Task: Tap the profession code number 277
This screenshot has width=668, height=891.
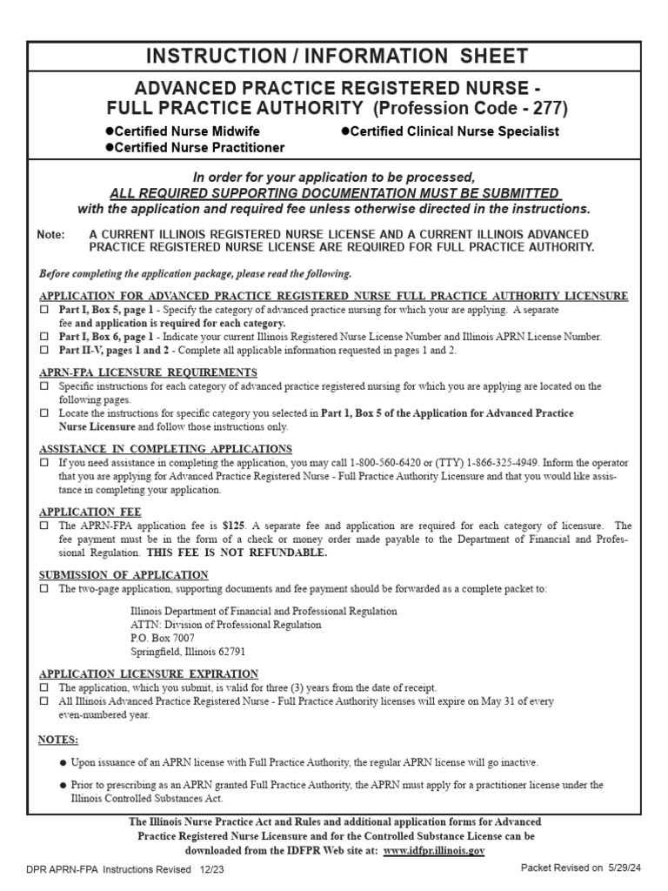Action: pyautogui.click(x=545, y=109)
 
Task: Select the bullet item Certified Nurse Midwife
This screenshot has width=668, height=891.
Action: pyautogui.click(x=182, y=131)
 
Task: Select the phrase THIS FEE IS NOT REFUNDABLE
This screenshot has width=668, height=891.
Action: pyautogui.click(x=237, y=553)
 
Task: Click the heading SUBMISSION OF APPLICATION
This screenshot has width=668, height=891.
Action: pyautogui.click(x=124, y=575)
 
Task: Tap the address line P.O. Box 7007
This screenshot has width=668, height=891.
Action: pyautogui.click(x=162, y=638)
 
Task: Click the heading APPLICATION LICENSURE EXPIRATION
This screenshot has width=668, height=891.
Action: pyautogui.click(x=149, y=673)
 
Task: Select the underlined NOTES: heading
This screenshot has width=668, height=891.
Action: pyautogui.click(x=58, y=740)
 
